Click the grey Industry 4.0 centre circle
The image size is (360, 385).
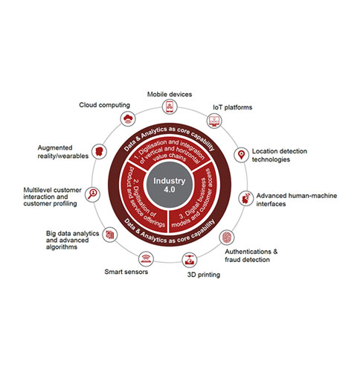170,185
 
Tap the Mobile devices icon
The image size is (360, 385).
170,106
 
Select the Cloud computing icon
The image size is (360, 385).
128,118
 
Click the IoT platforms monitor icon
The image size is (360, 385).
214,121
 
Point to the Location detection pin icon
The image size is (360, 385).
241,155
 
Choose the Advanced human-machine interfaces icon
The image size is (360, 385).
246,198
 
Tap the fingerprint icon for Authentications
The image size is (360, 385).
227,237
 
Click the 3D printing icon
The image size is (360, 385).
190,260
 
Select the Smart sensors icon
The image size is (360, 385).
146,258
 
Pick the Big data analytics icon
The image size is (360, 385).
110,235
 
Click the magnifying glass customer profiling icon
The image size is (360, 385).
92,194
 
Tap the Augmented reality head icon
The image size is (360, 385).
99,151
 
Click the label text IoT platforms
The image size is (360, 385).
233,107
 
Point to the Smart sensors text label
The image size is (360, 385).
126,272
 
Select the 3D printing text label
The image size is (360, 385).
204,275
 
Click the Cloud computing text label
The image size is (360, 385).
105,105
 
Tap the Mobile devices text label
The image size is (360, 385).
170,95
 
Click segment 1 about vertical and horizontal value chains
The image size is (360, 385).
170,151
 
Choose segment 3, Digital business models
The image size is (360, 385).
196,200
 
